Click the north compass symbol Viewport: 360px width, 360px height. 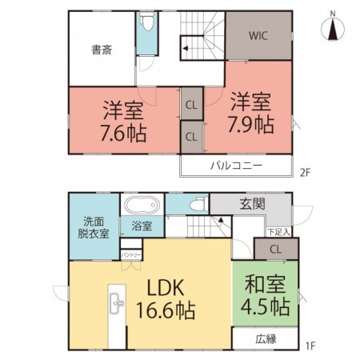click(333, 28)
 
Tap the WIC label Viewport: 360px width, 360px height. click(258, 36)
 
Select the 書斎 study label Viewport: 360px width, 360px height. click(102, 50)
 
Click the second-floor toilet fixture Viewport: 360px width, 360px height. click(147, 23)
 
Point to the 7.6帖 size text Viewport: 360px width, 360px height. click(123, 133)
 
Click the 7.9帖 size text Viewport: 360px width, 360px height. click(250, 125)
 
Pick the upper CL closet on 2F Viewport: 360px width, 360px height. click(191, 105)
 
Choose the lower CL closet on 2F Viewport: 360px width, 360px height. click(191, 137)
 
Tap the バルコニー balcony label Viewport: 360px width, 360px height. click(237, 166)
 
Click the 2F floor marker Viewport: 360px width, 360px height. click(306, 173)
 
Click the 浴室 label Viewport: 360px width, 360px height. click(142, 226)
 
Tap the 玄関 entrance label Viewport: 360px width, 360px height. click(252, 205)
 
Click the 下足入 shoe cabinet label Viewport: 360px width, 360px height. click(278, 232)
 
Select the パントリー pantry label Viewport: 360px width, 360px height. click(131, 255)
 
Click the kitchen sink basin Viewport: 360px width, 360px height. click(117, 303)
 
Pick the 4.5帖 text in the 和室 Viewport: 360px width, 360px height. click(265, 306)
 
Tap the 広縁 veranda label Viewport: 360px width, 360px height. click(266, 339)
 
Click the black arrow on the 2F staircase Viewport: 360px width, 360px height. click(186, 49)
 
